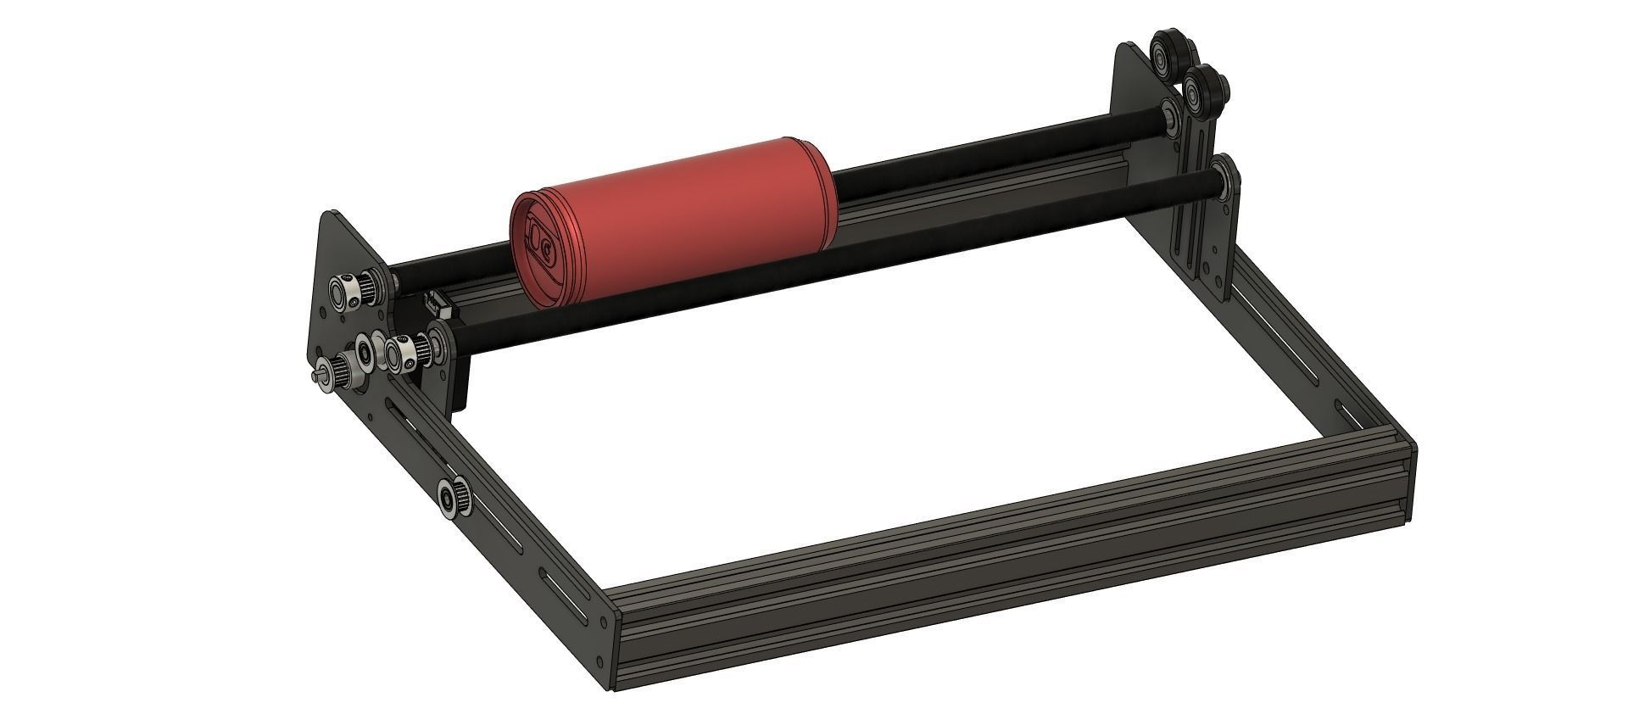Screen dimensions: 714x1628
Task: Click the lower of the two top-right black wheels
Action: (x=1203, y=87)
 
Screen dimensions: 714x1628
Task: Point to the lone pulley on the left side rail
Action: (x=449, y=497)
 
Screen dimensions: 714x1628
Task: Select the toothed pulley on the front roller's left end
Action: (x=402, y=352)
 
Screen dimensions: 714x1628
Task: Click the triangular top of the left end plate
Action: (x=335, y=233)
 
